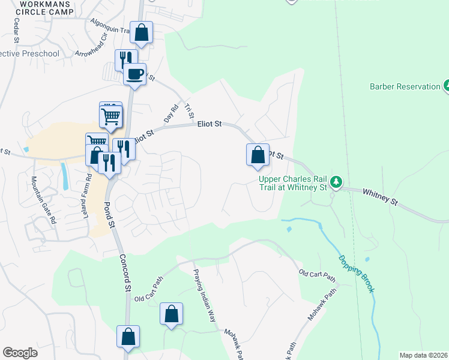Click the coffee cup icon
tap(134, 74)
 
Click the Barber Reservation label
tap(405, 86)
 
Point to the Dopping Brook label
tap(357, 274)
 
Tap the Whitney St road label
tap(379, 196)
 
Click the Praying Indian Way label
tap(203, 296)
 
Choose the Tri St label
tap(190, 110)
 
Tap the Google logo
tap(19, 353)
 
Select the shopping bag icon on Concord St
tap(128, 337)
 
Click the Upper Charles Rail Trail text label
tap(294, 183)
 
